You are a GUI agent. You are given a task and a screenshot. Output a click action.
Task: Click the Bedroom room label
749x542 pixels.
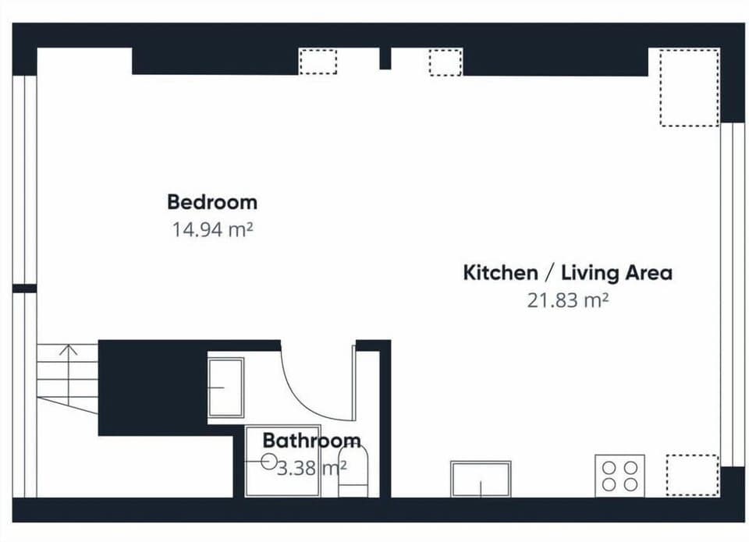pyautogui.click(x=211, y=202)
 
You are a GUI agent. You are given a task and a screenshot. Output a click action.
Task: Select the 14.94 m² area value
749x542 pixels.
pyautogui.click(x=211, y=229)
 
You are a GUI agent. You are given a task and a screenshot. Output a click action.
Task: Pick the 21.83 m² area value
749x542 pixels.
pyautogui.click(x=567, y=300)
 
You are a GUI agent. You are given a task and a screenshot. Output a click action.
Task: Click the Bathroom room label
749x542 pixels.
pyautogui.click(x=311, y=441)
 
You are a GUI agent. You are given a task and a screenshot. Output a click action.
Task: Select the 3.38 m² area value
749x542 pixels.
pyautogui.click(x=311, y=468)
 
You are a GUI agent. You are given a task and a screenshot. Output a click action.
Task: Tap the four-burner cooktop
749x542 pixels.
pyautogui.click(x=619, y=475)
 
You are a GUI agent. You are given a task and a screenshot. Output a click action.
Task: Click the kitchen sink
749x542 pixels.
pyautogui.click(x=481, y=478)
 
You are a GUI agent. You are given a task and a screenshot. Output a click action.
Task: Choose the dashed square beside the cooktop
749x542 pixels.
pyautogui.click(x=692, y=475)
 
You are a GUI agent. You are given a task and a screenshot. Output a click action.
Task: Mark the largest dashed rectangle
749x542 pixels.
pyautogui.click(x=689, y=87)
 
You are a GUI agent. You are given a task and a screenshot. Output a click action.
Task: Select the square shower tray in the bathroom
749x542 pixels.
pyautogui.click(x=282, y=461)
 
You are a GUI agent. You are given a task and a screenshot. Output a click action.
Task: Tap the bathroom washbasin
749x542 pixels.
pyautogui.click(x=225, y=387)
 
